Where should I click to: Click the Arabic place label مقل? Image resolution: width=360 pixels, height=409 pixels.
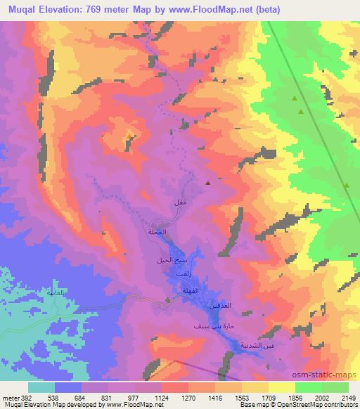[x=179, y=202]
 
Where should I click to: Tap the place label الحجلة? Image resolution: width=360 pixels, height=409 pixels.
[x=157, y=232]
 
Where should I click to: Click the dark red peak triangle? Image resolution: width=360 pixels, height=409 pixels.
[x=208, y=183]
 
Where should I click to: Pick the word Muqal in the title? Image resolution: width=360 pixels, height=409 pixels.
[x=20, y=7]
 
